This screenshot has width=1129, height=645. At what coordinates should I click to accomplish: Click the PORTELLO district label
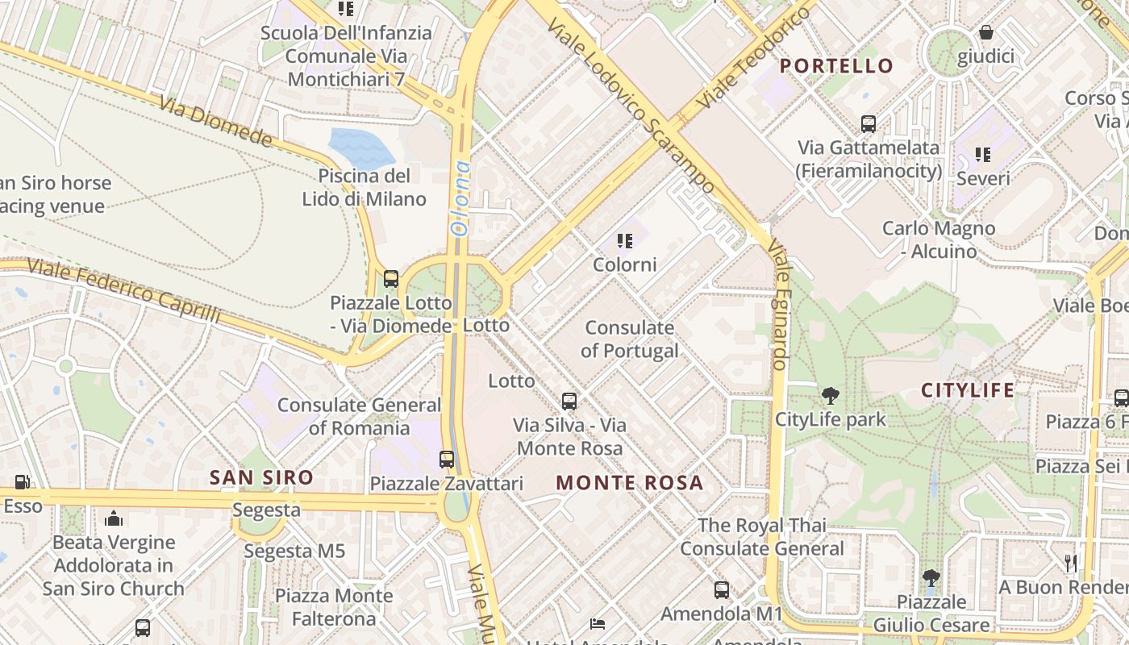[x=837, y=66]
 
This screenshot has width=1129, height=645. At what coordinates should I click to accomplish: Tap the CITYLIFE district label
[x=968, y=391]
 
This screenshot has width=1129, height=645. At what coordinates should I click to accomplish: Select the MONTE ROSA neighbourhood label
[x=630, y=483]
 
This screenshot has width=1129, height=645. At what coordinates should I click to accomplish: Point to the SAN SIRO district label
[x=261, y=477]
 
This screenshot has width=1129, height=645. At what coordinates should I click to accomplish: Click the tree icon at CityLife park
[x=830, y=396]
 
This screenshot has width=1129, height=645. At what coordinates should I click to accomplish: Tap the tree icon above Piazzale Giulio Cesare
[x=931, y=578]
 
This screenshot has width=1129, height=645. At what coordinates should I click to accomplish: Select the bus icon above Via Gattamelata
[x=869, y=124]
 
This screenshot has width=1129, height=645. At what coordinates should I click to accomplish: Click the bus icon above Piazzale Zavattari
[x=447, y=460]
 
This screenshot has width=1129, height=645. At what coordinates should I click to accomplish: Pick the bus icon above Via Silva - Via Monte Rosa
[x=569, y=401]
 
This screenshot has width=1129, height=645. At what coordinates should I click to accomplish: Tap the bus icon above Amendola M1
[x=722, y=590]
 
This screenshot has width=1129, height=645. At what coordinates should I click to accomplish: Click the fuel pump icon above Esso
[x=23, y=482]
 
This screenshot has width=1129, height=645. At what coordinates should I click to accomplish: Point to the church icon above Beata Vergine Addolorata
[x=114, y=518]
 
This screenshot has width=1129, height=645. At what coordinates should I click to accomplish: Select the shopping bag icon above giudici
[x=985, y=32]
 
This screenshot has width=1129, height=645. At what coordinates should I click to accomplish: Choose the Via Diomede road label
[x=215, y=122]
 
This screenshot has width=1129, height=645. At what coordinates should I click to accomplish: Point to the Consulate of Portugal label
[x=629, y=339]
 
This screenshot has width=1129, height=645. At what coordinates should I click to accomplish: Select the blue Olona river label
[x=460, y=198]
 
